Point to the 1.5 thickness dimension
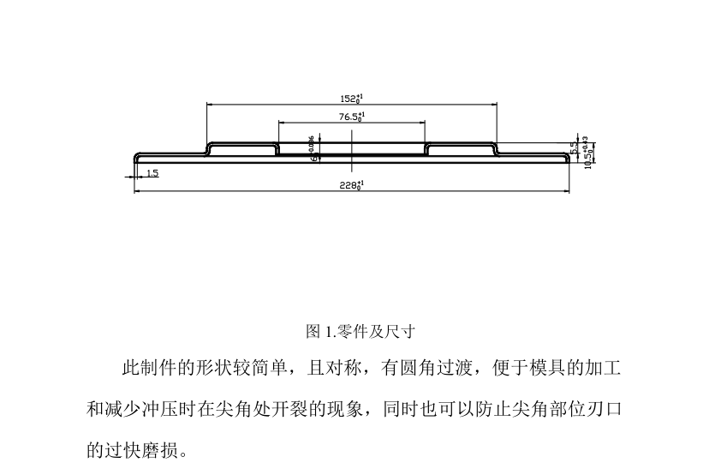(x=152, y=173)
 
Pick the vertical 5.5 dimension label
(x=575, y=148)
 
